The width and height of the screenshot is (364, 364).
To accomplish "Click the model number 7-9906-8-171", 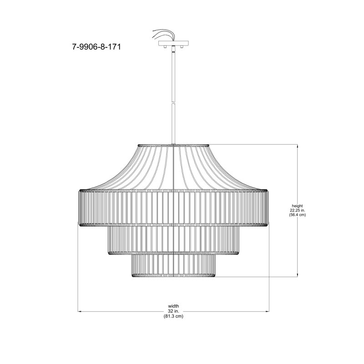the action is tap(96, 47).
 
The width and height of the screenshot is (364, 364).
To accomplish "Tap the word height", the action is tap(298, 206).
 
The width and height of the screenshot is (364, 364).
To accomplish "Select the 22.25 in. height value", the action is tap(298, 210).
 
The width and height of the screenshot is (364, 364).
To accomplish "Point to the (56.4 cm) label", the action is tap(298, 215).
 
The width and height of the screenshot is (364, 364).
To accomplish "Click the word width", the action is tap(173, 306).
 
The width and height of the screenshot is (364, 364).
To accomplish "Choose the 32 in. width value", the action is tap(173, 311).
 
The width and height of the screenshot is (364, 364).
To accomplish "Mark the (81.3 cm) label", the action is tap(173, 316).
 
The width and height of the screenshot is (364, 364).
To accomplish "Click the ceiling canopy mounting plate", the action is tap(173, 43).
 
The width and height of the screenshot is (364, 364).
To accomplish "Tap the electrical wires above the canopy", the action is tap(163, 35).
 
